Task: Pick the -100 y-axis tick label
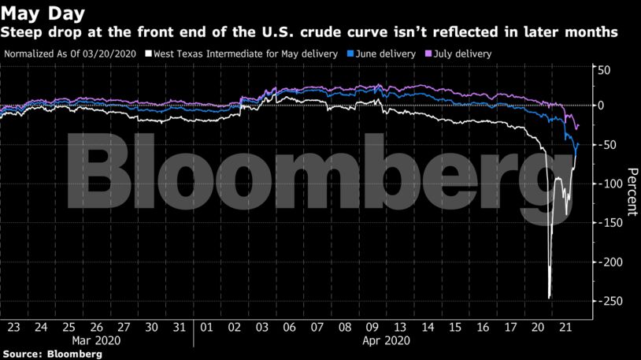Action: (x=610, y=184)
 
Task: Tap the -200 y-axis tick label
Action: (x=610, y=262)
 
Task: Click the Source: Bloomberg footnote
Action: (x=52, y=354)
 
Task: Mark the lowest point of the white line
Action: (x=549, y=298)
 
